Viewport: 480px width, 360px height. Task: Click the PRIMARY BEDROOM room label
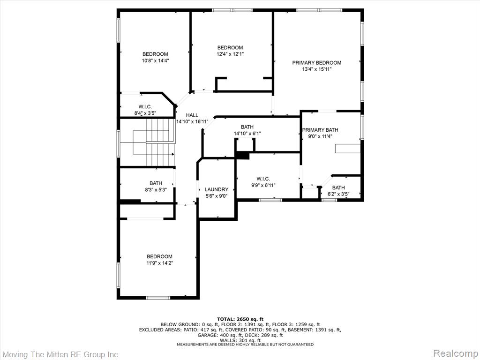(316, 63)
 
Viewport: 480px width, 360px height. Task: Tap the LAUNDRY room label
(217, 189)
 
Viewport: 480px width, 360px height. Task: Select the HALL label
(192, 115)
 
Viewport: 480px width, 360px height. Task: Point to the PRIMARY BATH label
(320, 130)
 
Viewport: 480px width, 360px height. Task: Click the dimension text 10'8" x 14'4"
(156, 60)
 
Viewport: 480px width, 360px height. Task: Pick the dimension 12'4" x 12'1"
(230, 54)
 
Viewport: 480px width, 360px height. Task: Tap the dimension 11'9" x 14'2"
(159, 263)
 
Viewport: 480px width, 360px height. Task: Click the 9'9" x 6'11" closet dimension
(263, 185)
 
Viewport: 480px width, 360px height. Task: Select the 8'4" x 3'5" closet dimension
(145, 113)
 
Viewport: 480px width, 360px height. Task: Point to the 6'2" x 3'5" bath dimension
(338, 194)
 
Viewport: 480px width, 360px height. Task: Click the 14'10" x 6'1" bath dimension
(247, 134)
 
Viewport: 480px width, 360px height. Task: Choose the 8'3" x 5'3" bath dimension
(156, 189)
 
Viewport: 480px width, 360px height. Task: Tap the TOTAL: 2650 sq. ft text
(240, 319)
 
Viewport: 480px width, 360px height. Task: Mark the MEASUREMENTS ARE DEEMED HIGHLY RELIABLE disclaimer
(245, 345)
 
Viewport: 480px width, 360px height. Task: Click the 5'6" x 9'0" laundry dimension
(217, 196)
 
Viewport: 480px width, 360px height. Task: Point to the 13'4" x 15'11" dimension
(317, 69)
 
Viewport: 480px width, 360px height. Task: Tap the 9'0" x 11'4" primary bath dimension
(320, 136)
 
